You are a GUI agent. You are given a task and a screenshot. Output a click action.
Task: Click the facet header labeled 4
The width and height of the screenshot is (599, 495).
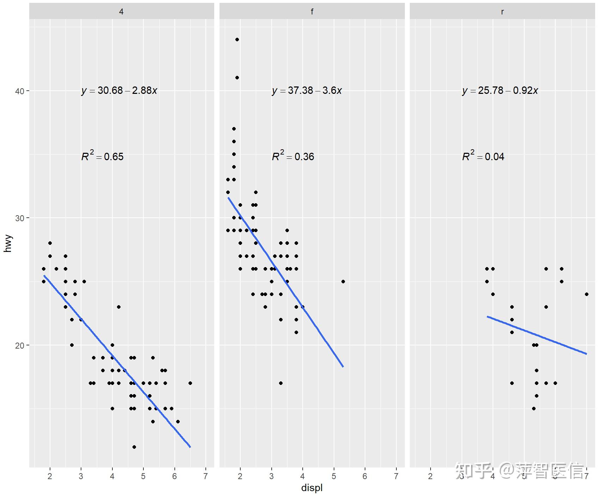(121, 12)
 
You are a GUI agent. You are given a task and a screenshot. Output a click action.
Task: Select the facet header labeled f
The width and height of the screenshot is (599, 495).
(312, 12)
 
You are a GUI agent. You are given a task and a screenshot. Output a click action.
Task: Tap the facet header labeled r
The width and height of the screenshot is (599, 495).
(502, 12)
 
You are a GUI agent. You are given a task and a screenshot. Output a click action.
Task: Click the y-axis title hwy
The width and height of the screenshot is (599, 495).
(8, 243)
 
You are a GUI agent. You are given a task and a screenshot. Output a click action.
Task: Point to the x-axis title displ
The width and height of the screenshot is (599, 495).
(312, 488)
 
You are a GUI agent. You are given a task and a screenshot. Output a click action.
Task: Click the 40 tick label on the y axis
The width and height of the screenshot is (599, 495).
(20, 91)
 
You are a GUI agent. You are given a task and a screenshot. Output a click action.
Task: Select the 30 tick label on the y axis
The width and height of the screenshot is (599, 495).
(20, 218)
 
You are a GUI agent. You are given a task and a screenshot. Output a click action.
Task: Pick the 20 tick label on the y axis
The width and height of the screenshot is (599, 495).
(20, 345)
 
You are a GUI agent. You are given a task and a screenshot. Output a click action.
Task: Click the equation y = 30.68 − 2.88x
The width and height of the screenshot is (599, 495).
(119, 91)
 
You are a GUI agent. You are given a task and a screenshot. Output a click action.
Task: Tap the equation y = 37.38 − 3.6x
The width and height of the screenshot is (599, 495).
(307, 91)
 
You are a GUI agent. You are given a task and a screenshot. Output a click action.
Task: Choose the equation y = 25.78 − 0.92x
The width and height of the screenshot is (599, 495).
(500, 91)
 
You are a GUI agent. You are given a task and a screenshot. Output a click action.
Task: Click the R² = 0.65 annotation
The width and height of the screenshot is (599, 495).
(103, 156)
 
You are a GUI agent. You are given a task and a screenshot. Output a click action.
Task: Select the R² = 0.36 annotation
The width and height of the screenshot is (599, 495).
(293, 156)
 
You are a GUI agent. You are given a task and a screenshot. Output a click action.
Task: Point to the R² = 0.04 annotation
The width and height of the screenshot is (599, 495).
(483, 156)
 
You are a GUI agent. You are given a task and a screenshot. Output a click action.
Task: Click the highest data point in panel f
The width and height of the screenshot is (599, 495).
(237, 40)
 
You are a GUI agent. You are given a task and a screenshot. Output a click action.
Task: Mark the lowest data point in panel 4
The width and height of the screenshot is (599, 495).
(134, 447)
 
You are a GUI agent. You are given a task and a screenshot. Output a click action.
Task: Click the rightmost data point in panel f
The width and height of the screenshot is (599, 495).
(343, 282)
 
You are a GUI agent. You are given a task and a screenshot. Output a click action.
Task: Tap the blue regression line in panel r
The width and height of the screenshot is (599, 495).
(537, 335)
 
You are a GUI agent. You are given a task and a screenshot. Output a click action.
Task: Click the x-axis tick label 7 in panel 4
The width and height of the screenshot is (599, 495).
(205, 476)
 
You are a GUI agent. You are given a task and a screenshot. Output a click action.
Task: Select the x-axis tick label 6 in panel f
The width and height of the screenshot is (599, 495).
(365, 476)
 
